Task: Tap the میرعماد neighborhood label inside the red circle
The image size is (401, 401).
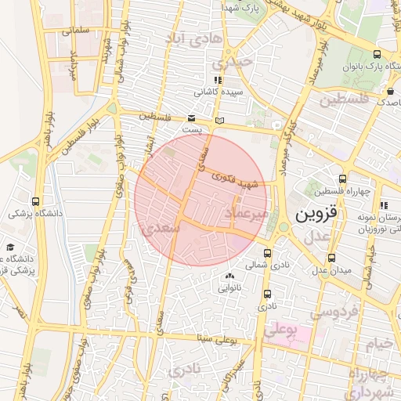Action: [x=247, y=213]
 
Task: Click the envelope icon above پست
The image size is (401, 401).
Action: [x=192, y=118]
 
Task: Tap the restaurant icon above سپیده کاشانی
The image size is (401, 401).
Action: [x=217, y=80]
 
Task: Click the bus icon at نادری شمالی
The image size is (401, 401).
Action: [x=269, y=253]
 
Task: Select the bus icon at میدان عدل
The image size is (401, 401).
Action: [x=331, y=257]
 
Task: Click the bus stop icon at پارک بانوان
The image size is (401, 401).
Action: [x=378, y=54]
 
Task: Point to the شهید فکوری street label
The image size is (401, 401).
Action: [x=240, y=179]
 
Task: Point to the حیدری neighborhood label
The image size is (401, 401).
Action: [x=236, y=61]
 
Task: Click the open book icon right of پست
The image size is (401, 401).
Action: [x=220, y=120]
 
